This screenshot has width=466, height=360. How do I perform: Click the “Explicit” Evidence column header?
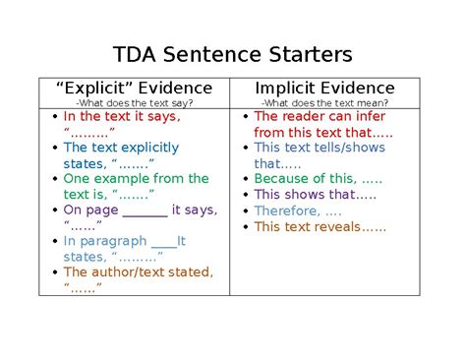pyautogui.click(x=134, y=89)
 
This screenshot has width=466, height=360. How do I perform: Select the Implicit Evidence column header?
pyautogui.click(x=324, y=89)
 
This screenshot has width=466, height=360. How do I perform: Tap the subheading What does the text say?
pyautogui.click(x=134, y=103)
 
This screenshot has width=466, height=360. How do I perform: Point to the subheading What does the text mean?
pyautogui.click(x=324, y=103)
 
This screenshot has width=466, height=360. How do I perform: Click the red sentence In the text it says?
pyautogui.click(x=121, y=116)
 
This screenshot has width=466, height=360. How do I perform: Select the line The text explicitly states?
pyautogui.click(x=121, y=148)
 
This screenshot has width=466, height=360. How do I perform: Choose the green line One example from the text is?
pyautogui.click(x=136, y=179)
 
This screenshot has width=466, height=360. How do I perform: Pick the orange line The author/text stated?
pyautogui.click(x=138, y=272)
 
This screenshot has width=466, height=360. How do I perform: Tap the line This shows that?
pyautogui.click(x=301, y=195)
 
